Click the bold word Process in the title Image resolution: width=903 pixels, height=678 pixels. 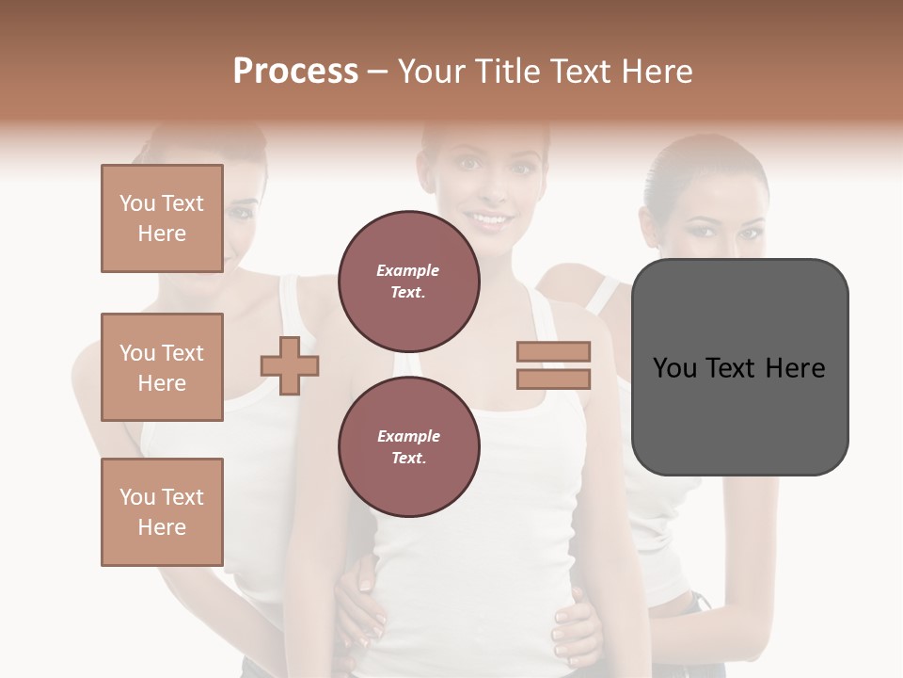click(295, 72)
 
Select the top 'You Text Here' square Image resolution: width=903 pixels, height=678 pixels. click(162, 218)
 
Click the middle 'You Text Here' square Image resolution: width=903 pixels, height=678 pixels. click(162, 367)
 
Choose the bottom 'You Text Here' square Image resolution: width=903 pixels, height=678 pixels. click(162, 512)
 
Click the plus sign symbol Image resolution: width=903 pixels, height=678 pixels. click(290, 365)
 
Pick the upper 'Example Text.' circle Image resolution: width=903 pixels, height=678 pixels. click(408, 282)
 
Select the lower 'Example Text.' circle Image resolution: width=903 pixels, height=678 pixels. click(408, 447)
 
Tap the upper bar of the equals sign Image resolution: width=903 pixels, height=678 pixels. click(553, 352)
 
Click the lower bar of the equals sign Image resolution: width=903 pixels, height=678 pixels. click(553, 379)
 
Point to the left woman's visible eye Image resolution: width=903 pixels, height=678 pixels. click(242, 212)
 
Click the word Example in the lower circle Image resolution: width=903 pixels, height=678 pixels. click(408, 436)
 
